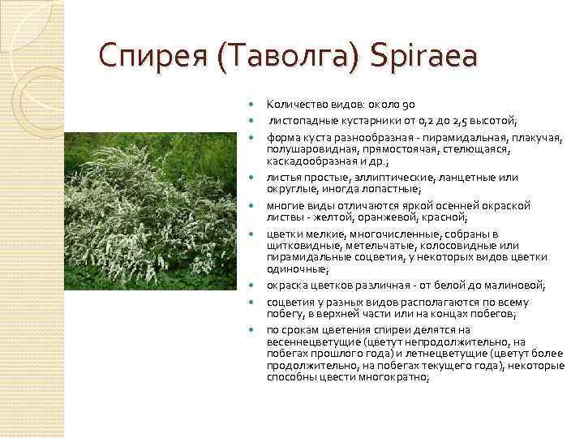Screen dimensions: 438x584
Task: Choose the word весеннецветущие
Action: click(311, 341)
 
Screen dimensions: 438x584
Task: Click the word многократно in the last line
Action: click(397, 377)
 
